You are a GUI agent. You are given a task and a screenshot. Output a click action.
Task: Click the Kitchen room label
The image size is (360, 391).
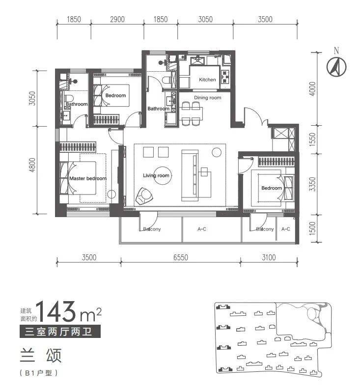click(207, 80)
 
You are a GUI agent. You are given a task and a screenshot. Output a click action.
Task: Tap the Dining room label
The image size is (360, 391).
click(207, 97)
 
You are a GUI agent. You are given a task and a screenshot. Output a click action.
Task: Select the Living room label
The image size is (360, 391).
click(156, 175)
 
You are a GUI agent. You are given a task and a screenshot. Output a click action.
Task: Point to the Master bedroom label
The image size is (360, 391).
click(88, 178)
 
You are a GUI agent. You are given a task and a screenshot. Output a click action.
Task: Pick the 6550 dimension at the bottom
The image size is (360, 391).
click(181, 257)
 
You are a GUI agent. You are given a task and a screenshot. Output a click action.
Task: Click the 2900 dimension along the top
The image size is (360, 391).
click(117, 19)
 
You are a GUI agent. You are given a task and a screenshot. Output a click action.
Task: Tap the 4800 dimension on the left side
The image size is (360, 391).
click(32, 165)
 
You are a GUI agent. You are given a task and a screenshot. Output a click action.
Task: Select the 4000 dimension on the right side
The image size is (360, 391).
click(312, 88)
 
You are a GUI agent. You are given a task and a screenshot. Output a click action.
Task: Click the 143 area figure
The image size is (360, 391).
click(56, 311)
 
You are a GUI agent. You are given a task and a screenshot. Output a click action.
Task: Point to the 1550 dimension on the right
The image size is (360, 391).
click(312, 140)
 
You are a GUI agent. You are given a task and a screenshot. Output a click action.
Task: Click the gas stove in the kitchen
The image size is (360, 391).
click(225, 77)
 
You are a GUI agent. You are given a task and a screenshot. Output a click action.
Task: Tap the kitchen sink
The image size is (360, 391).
click(197, 60)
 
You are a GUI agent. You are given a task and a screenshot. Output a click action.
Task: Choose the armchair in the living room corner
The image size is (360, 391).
click(144, 196)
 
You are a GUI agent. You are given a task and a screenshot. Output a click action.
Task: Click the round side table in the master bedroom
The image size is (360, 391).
click(111, 194)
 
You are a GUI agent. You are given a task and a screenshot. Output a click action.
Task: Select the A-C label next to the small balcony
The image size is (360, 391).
click(286, 229)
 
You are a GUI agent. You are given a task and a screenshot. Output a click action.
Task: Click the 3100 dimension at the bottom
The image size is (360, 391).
click(269, 257)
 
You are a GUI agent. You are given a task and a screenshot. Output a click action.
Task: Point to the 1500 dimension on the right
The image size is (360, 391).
click(312, 228)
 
